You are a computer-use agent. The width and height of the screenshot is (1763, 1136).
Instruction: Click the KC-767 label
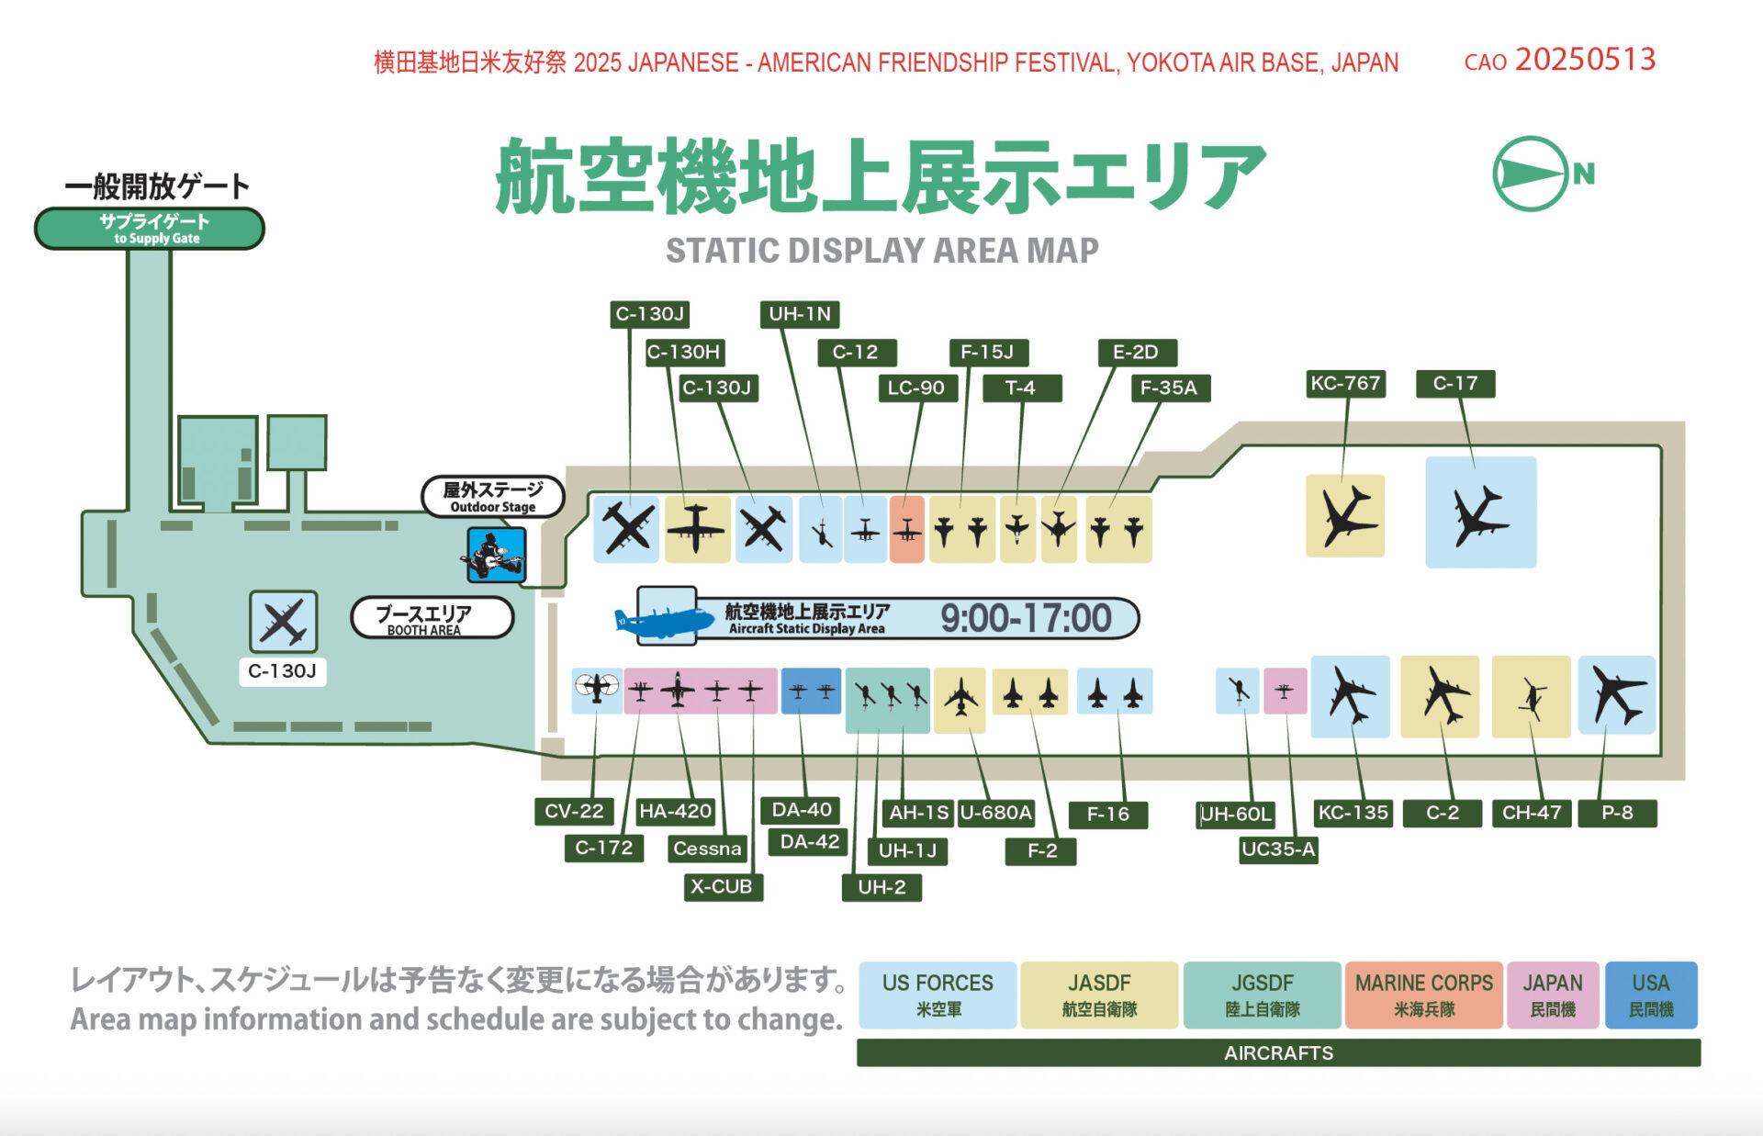click(1345, 383)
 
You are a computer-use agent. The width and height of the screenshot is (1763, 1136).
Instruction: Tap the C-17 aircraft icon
click(1480, 513)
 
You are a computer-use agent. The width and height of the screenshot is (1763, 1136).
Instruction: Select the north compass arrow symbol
click(1531, 174)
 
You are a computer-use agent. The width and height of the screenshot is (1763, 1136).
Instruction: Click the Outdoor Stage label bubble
click(492, 497)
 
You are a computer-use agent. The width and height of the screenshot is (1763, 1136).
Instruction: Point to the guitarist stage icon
click(496, 555)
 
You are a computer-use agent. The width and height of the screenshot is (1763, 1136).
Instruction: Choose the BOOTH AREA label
click(432, 618)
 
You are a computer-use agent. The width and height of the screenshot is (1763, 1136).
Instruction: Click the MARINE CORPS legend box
click(1423, 995)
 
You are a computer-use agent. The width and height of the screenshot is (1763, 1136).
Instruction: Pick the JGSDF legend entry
click(1262, 995)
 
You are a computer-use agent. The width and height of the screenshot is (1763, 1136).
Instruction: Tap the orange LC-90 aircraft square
click(906, 530)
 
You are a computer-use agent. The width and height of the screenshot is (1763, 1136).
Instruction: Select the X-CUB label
click(722, 886)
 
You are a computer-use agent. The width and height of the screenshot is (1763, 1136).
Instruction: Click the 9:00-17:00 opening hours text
click(1026, 618)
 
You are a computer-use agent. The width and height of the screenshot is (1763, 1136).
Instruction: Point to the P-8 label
click(1616, 813)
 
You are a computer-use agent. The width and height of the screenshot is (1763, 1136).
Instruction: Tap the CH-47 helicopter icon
click(1531, 697)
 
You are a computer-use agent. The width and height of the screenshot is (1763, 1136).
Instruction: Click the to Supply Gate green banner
click(150, 229)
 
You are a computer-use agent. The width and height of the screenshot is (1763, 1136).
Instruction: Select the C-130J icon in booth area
click(284, 623)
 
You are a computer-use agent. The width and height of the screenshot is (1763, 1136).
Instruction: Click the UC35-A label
click(1277, 849)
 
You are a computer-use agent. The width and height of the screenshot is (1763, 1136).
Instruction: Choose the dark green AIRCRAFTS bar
click(1277, 1052)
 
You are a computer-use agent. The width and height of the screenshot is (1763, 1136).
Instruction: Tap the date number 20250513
click(1585, 60)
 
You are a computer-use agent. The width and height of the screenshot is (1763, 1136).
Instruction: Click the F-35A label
click(1168, 388)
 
